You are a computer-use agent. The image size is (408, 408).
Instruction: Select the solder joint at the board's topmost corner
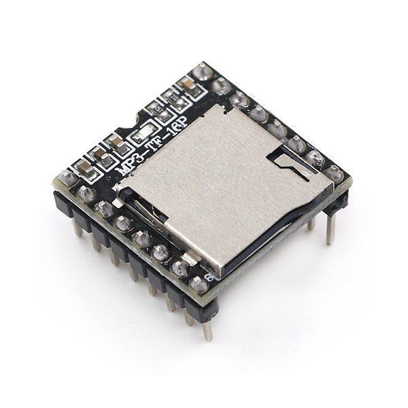(203, 71)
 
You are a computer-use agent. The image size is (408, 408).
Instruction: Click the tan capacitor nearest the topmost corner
(186, 86)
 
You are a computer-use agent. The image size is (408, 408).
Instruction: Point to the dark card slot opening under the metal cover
(272, 235)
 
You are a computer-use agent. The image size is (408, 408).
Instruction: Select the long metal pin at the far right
(330, 228)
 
